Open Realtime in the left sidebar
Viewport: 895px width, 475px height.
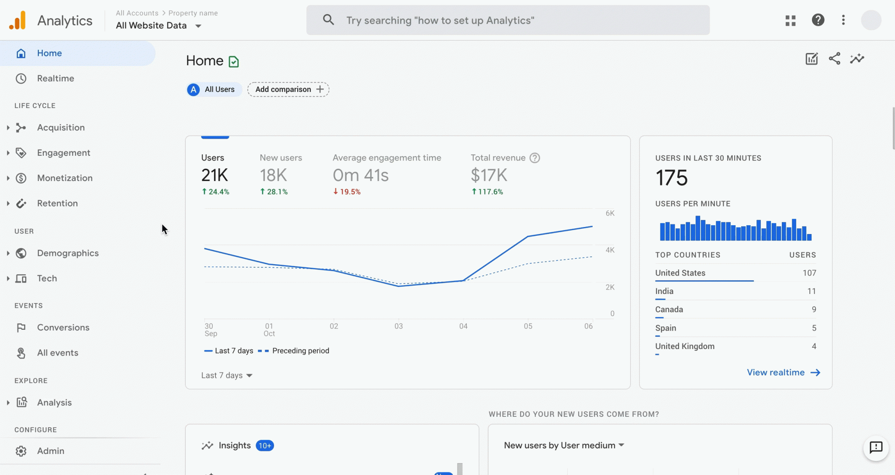pos(56,78)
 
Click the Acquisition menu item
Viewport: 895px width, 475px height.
pos(61,127)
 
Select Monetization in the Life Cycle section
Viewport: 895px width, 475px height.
pos(65,178)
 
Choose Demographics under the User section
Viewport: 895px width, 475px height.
pos(68,253)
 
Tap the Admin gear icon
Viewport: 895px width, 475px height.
pos(21,451)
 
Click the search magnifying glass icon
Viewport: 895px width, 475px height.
pos(328,20)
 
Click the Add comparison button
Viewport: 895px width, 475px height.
pos(288,89)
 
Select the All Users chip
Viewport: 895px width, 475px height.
pos(214,89)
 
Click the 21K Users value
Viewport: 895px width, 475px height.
pos(215,175)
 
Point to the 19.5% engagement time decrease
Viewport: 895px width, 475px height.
pos(347,192)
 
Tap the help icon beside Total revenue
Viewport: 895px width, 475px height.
pos(534,158)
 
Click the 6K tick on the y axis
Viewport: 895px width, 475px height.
pos(610,213)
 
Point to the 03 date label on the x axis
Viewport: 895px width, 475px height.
pos(399,326)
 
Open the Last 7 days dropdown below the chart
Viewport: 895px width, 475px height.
pos(227,375)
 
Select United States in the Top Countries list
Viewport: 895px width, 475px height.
pos(680,273)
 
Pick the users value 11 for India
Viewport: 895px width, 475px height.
pos(811,291)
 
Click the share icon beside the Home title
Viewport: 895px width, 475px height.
pos(834,59)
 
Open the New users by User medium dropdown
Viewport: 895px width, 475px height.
pos(564,445)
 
